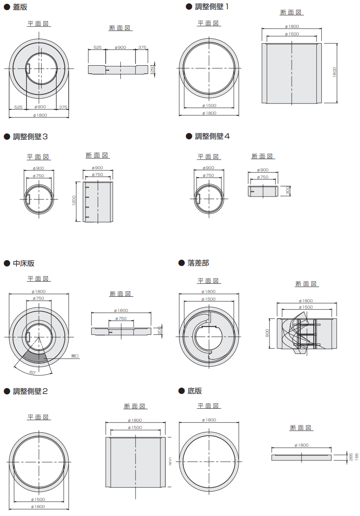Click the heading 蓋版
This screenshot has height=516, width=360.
click(x=20, y=8)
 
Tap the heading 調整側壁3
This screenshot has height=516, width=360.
click(x=30, y=137)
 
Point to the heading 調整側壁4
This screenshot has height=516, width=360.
click(x=212, y=136)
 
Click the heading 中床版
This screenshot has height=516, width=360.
click(x=24, y=263)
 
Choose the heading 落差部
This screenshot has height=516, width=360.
click(x=198, y=263)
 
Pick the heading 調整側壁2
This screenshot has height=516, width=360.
click(x=30, y=391)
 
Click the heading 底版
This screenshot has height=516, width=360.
click(x=195, y=391)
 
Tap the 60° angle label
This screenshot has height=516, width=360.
click(x=33, y=372)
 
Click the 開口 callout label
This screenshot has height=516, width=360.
click(x=75, y=356)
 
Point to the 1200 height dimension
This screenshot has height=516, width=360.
click(x=74, y=200)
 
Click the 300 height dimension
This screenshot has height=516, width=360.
click(x=288, y=191)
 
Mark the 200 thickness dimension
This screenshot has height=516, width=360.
click(x=160, y=330)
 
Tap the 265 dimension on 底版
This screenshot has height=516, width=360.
click(x=351, y=457)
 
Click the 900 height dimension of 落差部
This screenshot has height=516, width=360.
click(x=267, y=333)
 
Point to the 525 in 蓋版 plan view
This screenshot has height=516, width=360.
click(x=18, y=107)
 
